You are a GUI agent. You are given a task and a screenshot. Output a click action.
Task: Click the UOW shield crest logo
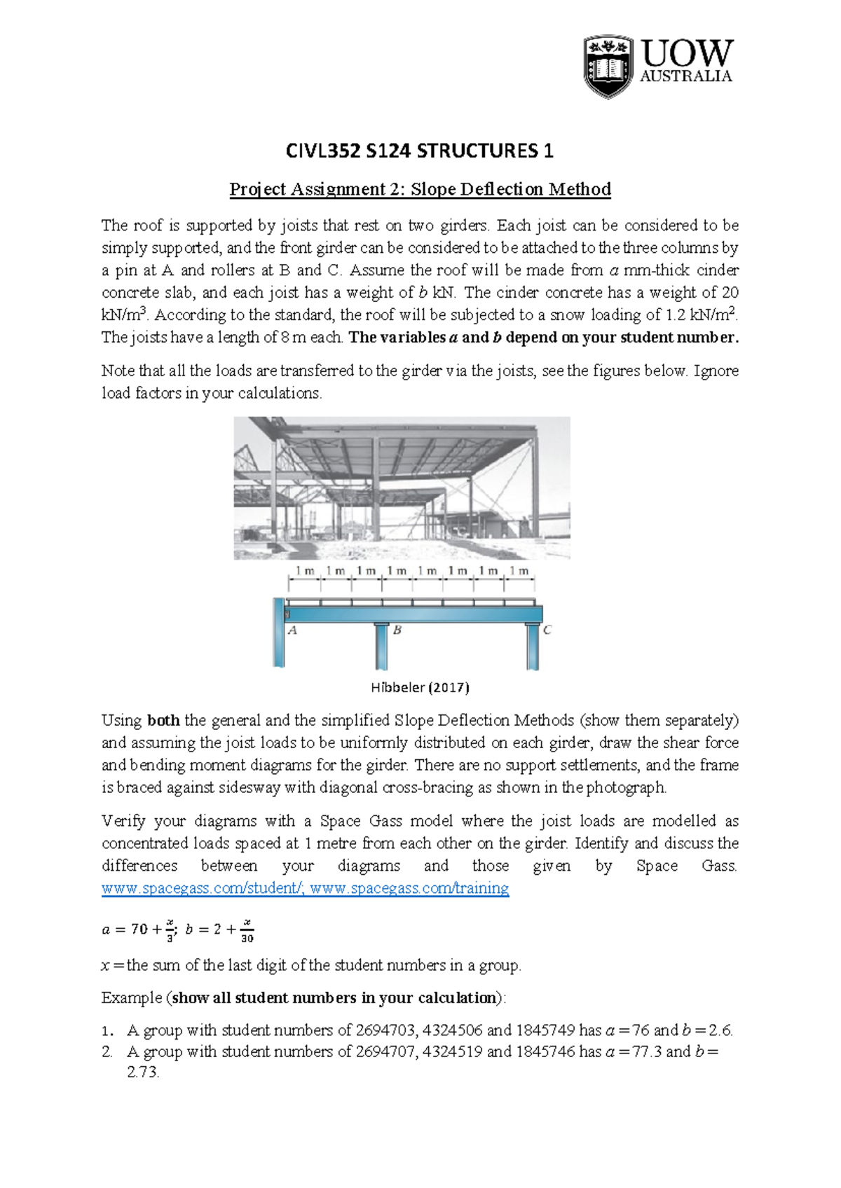point(608,67)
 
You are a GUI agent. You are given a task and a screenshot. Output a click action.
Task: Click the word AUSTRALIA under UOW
point(685,76)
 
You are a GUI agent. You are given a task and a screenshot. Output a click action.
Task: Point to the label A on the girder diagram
point(293,630)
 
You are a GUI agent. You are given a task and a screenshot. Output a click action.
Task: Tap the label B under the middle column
point(397,630)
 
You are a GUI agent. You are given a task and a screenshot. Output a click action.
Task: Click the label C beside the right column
point(547,630)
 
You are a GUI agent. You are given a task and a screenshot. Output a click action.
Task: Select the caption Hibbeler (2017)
point(420,687)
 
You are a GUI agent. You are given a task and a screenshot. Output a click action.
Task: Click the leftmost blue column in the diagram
point(279,634)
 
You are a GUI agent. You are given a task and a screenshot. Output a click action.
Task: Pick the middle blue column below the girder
point(381,646)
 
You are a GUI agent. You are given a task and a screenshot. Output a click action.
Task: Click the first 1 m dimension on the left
point(305,571)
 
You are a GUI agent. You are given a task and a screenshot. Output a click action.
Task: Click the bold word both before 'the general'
point(163,720)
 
